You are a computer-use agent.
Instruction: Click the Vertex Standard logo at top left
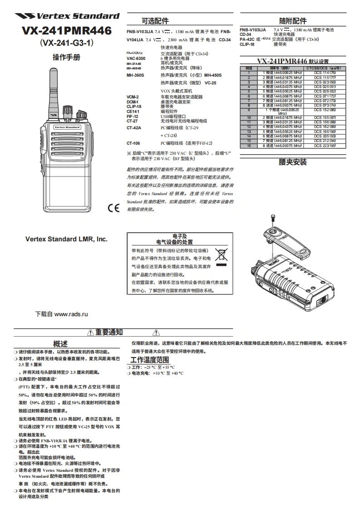[67, 16]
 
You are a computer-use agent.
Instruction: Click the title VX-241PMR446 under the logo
[67, 31]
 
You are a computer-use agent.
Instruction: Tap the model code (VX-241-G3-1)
[67, 44]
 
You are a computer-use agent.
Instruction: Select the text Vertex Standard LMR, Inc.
[66, 239]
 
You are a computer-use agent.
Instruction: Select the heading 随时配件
[293, 21]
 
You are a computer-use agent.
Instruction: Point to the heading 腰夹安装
[293, 162]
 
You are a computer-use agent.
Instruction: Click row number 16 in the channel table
[248, 146]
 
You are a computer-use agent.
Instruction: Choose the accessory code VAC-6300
[136, 59]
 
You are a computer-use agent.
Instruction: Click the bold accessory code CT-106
[133, 143]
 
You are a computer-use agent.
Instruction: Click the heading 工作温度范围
[150, 360]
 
